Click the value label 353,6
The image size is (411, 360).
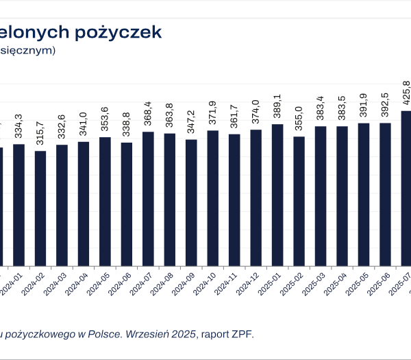tap(104, 121)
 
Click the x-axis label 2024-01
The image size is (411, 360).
tap(12, 281)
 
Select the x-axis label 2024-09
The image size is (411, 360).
tap(185, 281)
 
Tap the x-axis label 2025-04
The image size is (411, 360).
tap(336, 281)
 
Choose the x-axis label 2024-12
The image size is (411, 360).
tap(249, 281)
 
